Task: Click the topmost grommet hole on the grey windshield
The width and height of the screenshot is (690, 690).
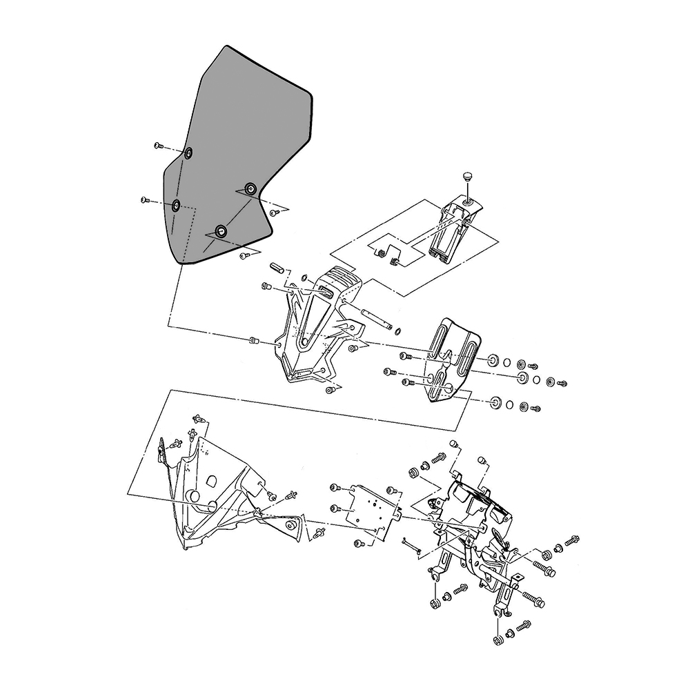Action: (x=188, y=152)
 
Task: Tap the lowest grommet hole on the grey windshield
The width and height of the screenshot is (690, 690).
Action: (x=221, y=231)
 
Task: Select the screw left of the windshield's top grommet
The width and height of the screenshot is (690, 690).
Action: (x=158, y=146)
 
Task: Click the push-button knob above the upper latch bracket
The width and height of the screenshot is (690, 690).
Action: (x=468, y=178)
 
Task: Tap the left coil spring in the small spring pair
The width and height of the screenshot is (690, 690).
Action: (x=380, y=254)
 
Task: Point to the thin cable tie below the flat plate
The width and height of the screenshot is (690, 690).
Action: (x=411, y=545)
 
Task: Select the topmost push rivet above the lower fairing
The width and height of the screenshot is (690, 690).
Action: (x=199, y=418)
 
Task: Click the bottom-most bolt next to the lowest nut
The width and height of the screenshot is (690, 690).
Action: (x=522, y=627)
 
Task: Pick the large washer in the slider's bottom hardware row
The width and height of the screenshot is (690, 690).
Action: (x=495, y=402)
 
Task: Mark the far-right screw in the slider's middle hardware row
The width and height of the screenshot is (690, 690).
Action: (x=562, y=382)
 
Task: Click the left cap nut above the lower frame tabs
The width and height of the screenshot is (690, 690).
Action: (x=453, y=443)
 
